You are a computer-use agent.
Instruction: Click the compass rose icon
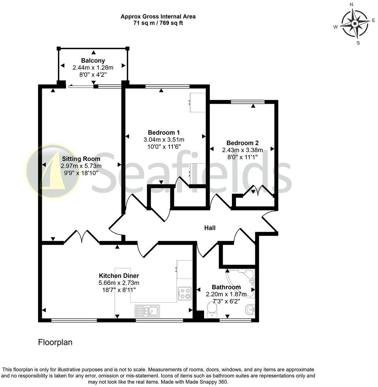tap(355, 24)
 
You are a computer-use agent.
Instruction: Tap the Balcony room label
tap(93, 60)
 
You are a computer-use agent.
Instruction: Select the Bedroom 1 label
tap(164, 132)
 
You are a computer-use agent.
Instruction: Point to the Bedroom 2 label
tap(242, 143)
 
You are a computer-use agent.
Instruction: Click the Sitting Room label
tap(81, 159)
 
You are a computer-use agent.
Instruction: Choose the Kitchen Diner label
tap(119, 276)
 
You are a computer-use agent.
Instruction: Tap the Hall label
tap(210, 228)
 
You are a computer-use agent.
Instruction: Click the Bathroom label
tap(226, 287)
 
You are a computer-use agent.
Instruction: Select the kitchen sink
tap(147, 311)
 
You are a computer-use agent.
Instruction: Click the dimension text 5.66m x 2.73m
tap(119, 283)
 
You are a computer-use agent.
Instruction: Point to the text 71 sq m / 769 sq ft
tap(158, 23)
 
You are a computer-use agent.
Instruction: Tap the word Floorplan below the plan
tap(55, 342)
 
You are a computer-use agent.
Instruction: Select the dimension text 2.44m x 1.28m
tap(93, 67)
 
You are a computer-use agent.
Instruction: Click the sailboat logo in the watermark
tap(52, 171)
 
